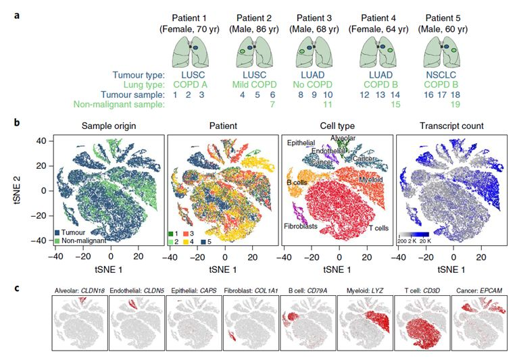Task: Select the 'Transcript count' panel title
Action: [x=446, y=126]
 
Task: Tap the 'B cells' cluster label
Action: [x=301, y=182]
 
